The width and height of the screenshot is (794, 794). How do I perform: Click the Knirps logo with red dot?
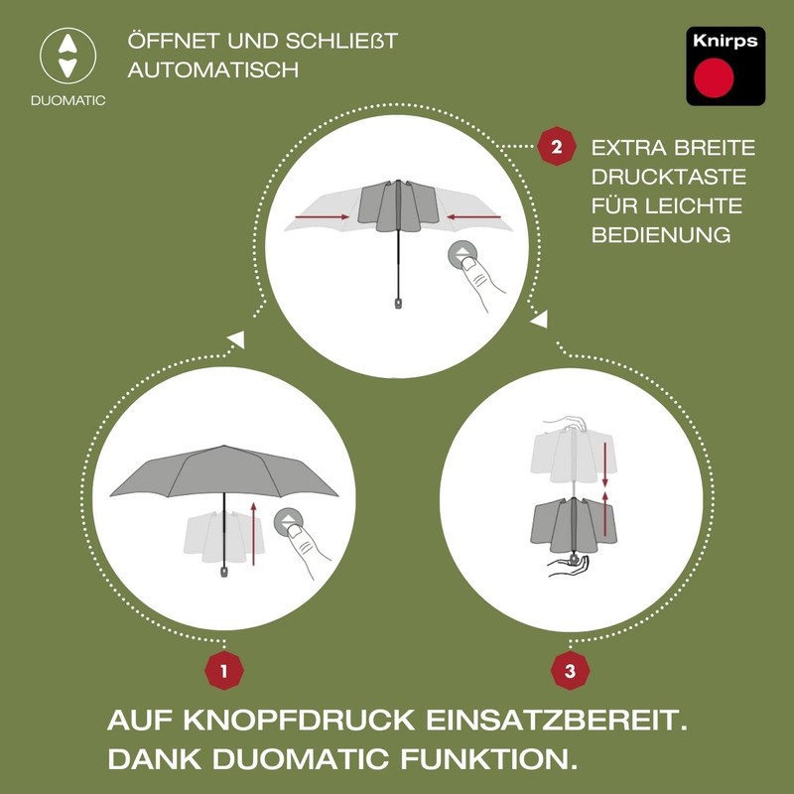click(x=727, y=66)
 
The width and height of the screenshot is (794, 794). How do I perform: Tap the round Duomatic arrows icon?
click(x=67, y=56)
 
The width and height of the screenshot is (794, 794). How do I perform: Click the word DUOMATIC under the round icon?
click(x=67, y=100)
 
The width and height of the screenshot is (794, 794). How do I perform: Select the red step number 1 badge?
click(x=224, y=671)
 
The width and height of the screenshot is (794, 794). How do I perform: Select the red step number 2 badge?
click(x=556, y=149)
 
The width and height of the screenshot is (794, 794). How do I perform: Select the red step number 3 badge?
click(x=570, y=671)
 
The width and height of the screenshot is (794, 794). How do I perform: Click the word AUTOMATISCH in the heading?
click(x=212, y=71)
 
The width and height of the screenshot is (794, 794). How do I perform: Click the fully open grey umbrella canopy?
click(x=224, y=471)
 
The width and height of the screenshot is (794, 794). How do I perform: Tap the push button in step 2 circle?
click(x=463, y=254)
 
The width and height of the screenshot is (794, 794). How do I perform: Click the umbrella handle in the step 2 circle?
click(x=399, y=299)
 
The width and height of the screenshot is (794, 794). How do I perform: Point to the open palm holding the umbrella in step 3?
click(x=568, y=567)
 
